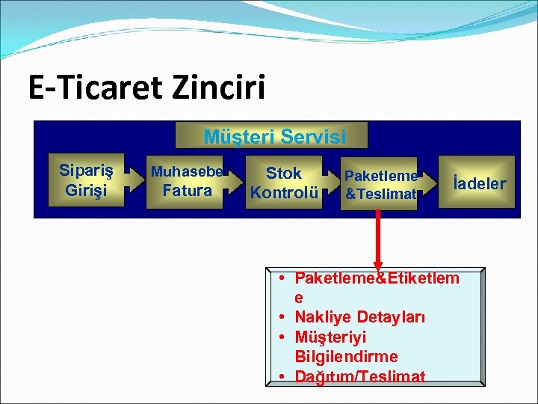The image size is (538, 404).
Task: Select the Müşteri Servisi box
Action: click(x=274, y=136)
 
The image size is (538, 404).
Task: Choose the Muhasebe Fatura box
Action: click(x=186, y=182)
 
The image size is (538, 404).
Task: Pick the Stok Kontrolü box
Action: click(x=284, y=183)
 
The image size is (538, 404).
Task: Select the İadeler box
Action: click(x=477, y=182)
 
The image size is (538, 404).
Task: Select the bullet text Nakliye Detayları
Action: click(x=359, y=317)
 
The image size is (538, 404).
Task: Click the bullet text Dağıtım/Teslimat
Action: click(x=359, y=376)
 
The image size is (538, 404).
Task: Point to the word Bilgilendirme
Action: click(x=346, y=356)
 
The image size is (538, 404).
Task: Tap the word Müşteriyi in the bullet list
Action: click(x=330, y=337)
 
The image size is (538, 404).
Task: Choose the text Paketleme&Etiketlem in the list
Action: click(x=377, y=278)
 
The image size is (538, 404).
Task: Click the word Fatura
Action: click(x=187, y=191)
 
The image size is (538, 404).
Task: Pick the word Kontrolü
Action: click(x=284, y=192)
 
